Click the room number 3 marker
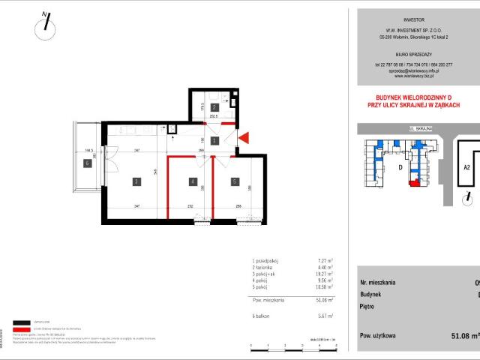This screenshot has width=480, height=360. click(136, 181)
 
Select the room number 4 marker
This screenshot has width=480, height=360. click(193, 181)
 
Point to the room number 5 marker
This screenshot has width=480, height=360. click(234, 181)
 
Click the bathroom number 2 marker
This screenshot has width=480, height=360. click(214, 107)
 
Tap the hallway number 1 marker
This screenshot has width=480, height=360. click(214, 140)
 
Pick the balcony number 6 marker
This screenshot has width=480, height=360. click(87, 163)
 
